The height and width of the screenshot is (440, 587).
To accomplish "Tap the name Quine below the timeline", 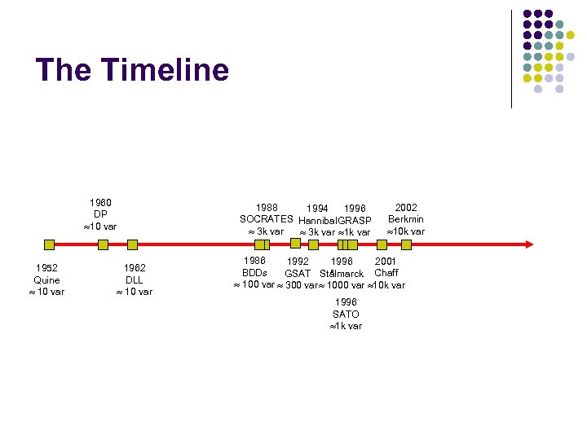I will (x=46, y=279).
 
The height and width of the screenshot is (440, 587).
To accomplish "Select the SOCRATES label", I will (x=266, y=219).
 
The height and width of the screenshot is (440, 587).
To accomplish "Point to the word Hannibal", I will (x=319, y=221).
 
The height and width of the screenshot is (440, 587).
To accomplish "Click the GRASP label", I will (x=355, y=221).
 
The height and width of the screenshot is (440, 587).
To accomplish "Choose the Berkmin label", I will (x=405, y=219).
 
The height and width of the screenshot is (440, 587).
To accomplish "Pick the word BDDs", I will (x=254, y=273).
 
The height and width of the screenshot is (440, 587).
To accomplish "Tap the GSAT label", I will (x=298, y=274).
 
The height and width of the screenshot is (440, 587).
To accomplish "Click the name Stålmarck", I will (x=342, y=274).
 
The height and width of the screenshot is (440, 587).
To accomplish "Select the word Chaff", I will (x=386, y=273).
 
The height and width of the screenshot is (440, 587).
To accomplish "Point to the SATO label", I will (x=346, y=314).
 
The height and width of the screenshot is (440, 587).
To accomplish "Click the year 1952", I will (x=46, y=267).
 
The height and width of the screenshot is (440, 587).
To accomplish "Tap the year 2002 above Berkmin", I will (x=405, y=207).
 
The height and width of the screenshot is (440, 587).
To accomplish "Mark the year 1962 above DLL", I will (x=135, y=267).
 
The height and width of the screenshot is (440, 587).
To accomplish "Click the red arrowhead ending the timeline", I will (x=529, y=244).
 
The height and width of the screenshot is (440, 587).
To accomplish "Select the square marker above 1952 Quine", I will (x=49, y=244).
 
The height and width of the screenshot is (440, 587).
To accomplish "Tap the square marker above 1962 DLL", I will (x=133, y=244).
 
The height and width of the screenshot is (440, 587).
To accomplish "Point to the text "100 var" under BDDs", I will (x=258, y=285).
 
